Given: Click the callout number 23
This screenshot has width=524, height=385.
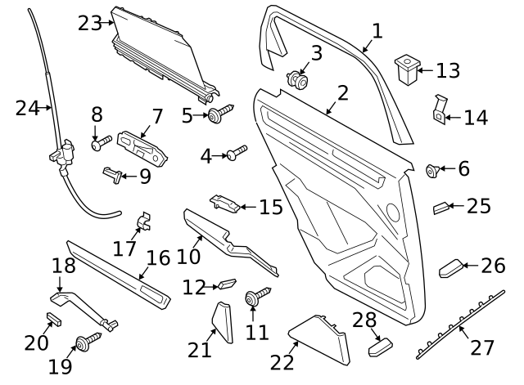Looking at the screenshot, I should [x=90, y=23].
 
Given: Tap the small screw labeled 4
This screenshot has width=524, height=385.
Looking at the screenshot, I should [x=237, y=151].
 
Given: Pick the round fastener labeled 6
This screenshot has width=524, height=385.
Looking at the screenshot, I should [x=433, y=170].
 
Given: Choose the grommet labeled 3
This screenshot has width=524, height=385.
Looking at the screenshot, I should [x=298, y=80].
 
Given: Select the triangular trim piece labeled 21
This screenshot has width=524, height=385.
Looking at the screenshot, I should [x=221, y=322].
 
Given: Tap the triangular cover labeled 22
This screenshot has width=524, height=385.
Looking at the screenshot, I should [x=319, y=338].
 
